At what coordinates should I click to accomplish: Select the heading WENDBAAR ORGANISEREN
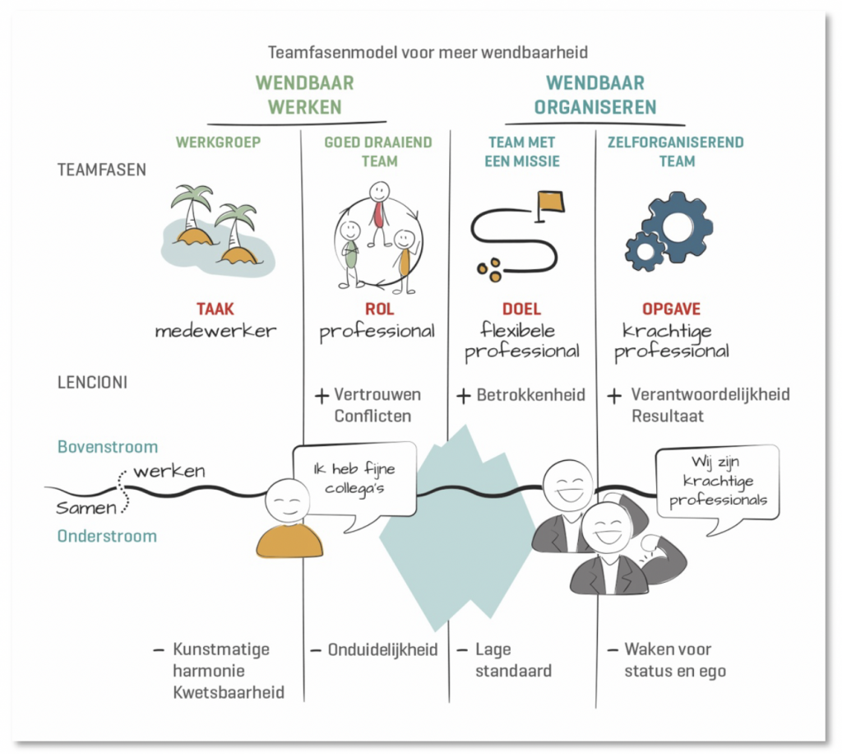click(x=595, y=95)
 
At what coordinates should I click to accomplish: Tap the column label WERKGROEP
click(x=218, y=142)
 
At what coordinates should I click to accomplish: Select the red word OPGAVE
click(x=672, y=310)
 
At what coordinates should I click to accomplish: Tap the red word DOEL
click(x=521, y=310)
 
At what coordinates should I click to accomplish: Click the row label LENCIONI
click(x=93, y=384)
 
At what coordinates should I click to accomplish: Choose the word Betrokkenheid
click(x=530, y=395)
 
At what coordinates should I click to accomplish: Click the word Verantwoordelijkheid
click(x=710, y=395)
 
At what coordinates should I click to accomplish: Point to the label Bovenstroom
click(x=107, y=447)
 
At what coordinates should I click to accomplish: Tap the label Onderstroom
click(x=107, y=536)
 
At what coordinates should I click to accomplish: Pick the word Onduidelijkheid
click(x=382, y=649)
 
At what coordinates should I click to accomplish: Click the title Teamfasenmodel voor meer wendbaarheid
click(x=428, y=53)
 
